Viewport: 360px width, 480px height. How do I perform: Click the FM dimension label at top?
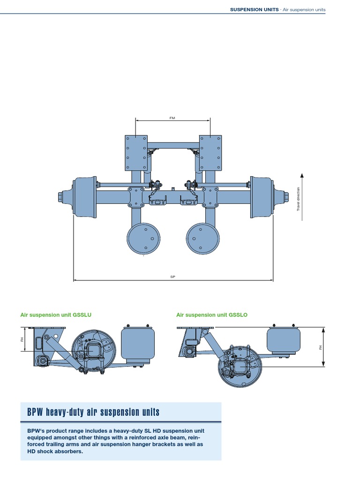(172, 118)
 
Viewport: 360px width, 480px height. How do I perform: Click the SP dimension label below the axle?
(172, 277)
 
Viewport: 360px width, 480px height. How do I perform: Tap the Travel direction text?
(298, 199)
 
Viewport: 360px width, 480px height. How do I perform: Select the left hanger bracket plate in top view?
(136, 153)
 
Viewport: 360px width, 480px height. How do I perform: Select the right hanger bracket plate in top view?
(210, 153)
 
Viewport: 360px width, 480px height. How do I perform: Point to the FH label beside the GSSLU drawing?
(22, 339)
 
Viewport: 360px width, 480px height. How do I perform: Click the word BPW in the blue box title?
(35, 412)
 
